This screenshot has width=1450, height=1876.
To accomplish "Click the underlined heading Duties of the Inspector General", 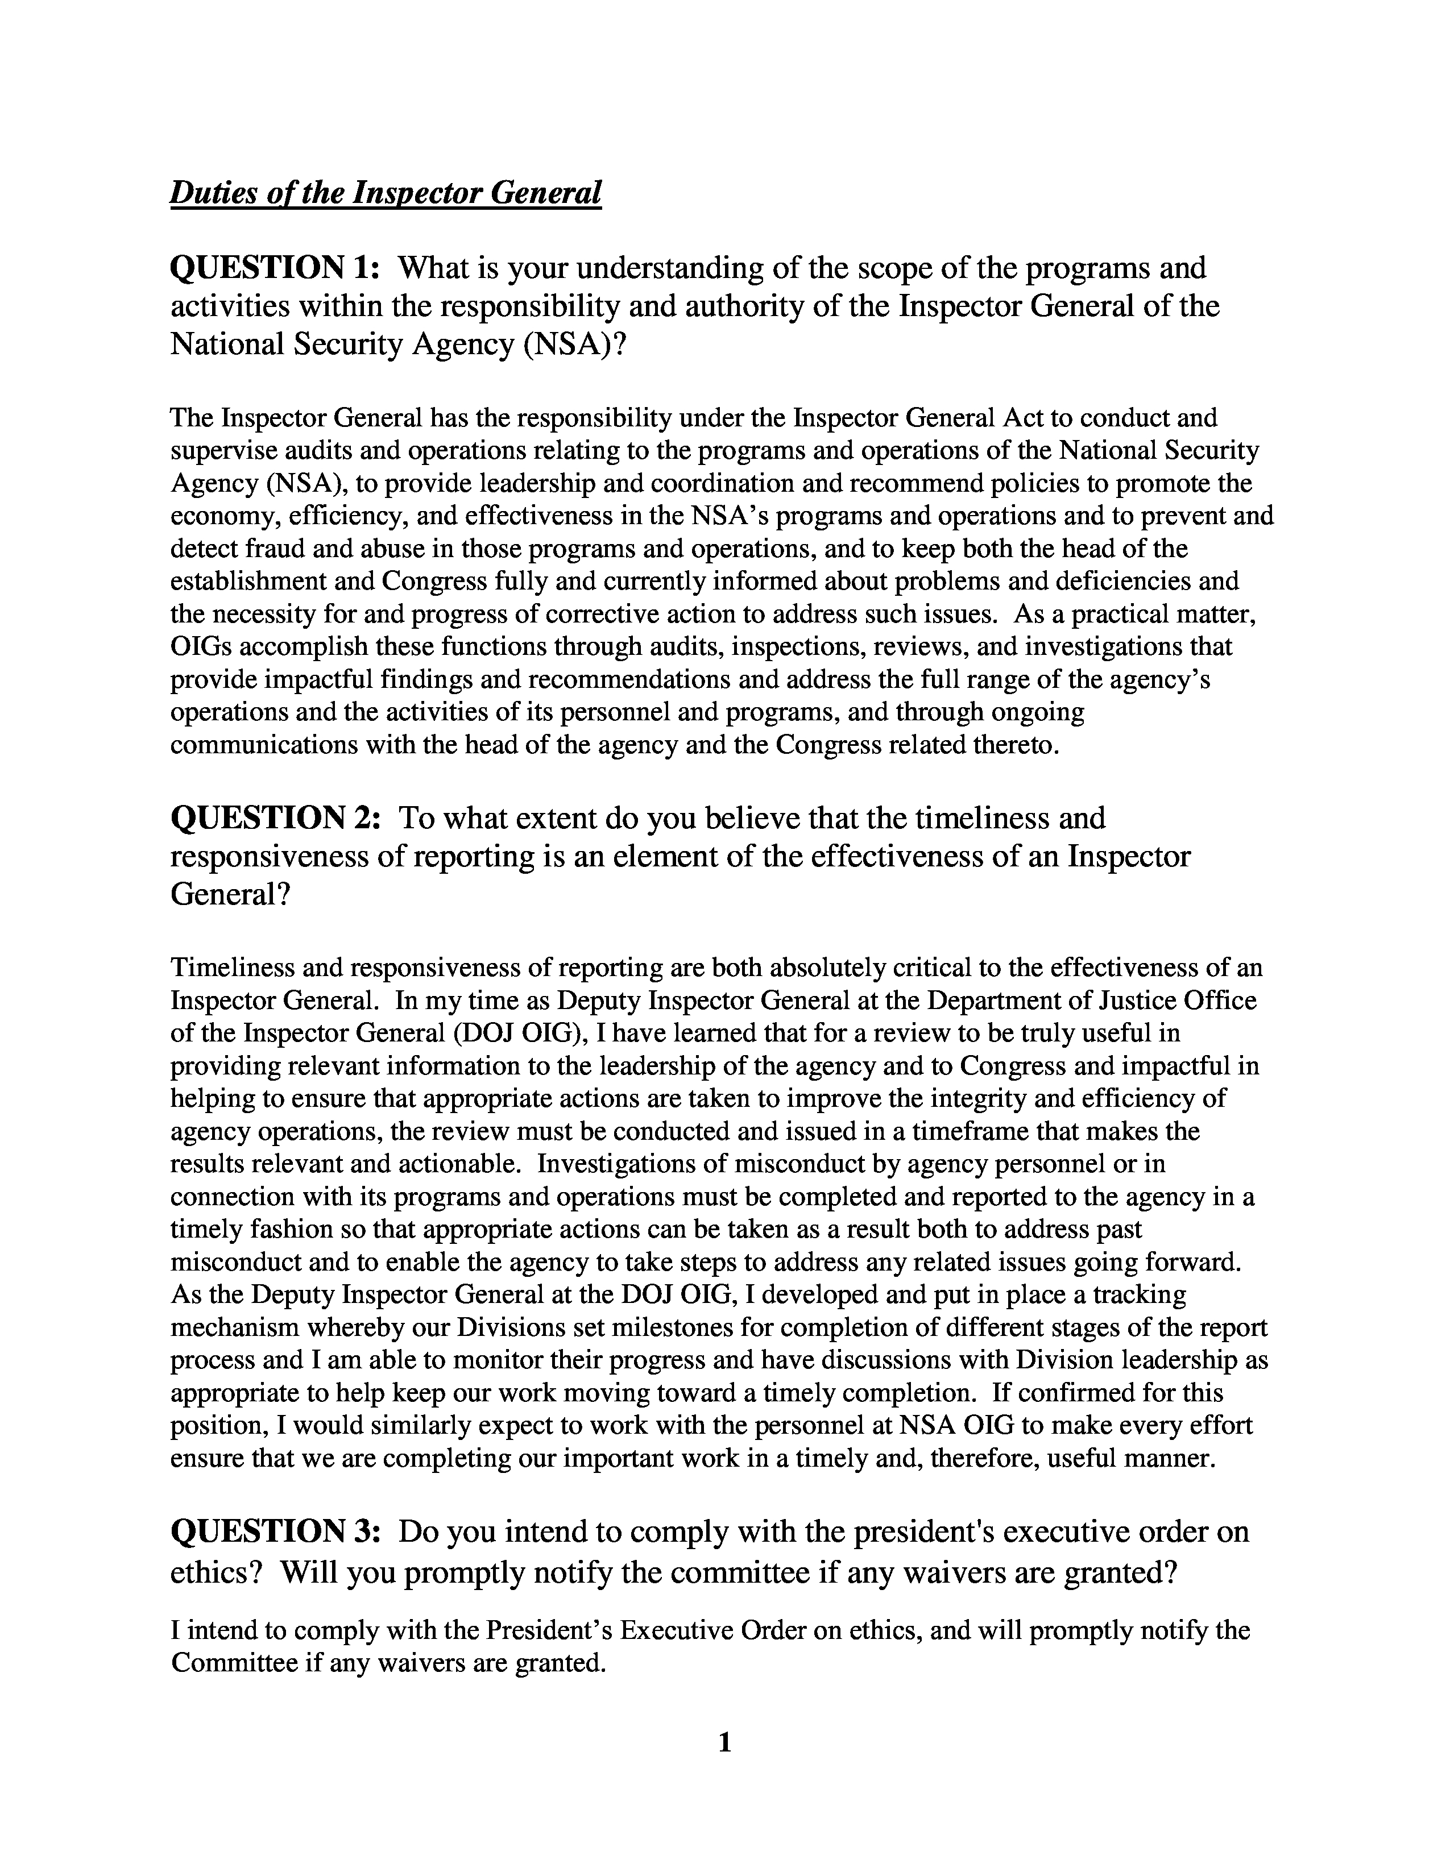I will [x=386, y=192].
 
